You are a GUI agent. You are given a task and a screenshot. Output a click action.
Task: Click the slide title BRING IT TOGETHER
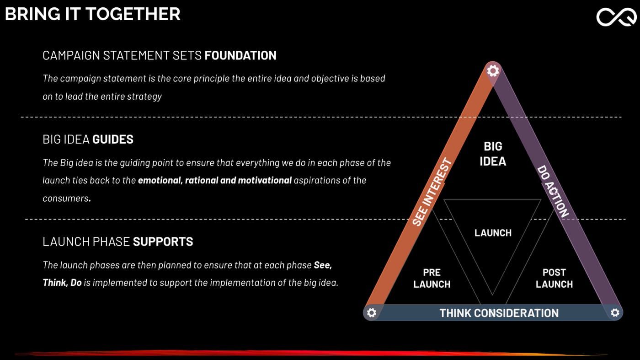pyautogui.click(x=92, y=14)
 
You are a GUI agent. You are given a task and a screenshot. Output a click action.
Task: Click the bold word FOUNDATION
pyautogui.click(x=240, y=55)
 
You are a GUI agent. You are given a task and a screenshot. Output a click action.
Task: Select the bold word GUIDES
pyautogui.click(x=113, y=140)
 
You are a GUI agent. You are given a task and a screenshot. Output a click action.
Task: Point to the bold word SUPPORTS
pyautogui.click(x=163, y=242)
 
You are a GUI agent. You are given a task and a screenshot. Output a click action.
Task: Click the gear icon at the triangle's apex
pyautogui.click(x=493, y=70)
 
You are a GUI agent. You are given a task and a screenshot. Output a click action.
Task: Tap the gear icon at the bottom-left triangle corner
pyautogui.click(x=371, y=312)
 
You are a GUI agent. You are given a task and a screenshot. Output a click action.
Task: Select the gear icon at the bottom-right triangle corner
pyautogui.click(x=615, y=312)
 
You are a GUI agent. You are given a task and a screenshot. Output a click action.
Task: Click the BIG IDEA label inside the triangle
pyautogui.click(x=493, y=154)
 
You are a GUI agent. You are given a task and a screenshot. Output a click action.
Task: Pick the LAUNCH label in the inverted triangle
pyautogui.click(x=493, y=233)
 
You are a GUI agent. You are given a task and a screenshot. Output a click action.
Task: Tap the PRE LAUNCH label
pyautogui.click(x=432, y=278)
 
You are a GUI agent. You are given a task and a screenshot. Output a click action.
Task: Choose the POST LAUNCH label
pyautogui.click(x=554, y=278)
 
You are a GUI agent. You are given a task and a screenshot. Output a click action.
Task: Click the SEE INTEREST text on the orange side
pyautogui.click(x=432, y=192)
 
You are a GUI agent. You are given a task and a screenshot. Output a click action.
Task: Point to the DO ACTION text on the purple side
pyautogui.click(x=553, y=191)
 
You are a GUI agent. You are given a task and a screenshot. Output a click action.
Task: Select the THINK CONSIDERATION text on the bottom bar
pyautogui.click(x=499, y=313)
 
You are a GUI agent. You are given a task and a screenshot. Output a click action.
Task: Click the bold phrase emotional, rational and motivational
pyautogui.click(x=215, y=180)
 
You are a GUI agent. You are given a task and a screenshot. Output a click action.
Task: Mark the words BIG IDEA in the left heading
pyautogui.click(x=66, y=140)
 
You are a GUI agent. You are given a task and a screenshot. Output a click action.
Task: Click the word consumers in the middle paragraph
pyautogui.click(x=66, y=199)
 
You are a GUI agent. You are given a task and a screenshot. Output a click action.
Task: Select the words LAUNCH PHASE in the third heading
pyautogui.click(x=86, y=242)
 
